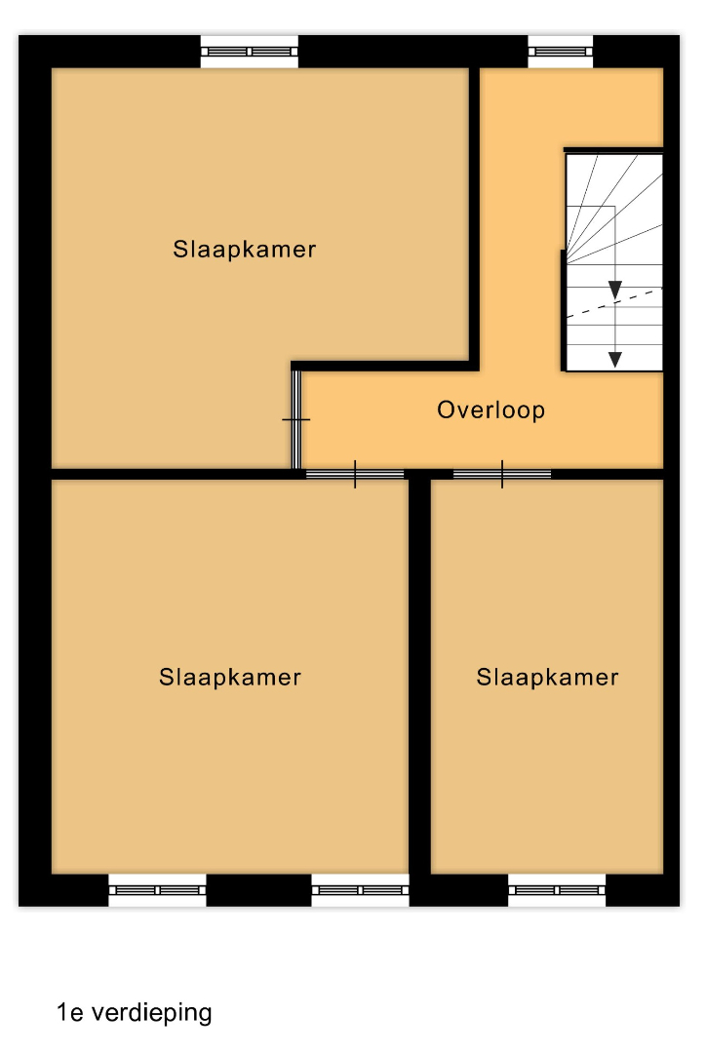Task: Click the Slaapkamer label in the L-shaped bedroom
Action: click(x=245, y=250)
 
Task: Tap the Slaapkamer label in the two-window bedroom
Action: click(x=230, y=677)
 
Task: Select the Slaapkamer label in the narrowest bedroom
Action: click(x=547, y=677)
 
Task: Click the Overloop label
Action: click(x=491, y=409)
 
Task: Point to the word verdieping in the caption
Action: click(x=151, y=1013)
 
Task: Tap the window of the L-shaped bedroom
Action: click(x=250, y=51)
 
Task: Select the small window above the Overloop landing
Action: click(x=561, y=51)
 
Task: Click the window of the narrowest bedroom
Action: click(x=557, y=890)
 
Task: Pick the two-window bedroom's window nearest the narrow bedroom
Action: click(x=360, y=890)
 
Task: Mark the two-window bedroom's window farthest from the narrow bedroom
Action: click(x=157, y=890)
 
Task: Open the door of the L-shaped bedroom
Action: click(x=295, y=419)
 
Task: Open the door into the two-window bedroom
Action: click(x=355, y=474)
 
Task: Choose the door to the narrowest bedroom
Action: click(x=502, y=474)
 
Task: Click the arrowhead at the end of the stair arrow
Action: click(x=614, y=359)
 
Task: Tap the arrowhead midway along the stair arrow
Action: click(x=614, y=290)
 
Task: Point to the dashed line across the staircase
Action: click(x=614, y=303)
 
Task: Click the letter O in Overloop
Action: click(x=446, y=409)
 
